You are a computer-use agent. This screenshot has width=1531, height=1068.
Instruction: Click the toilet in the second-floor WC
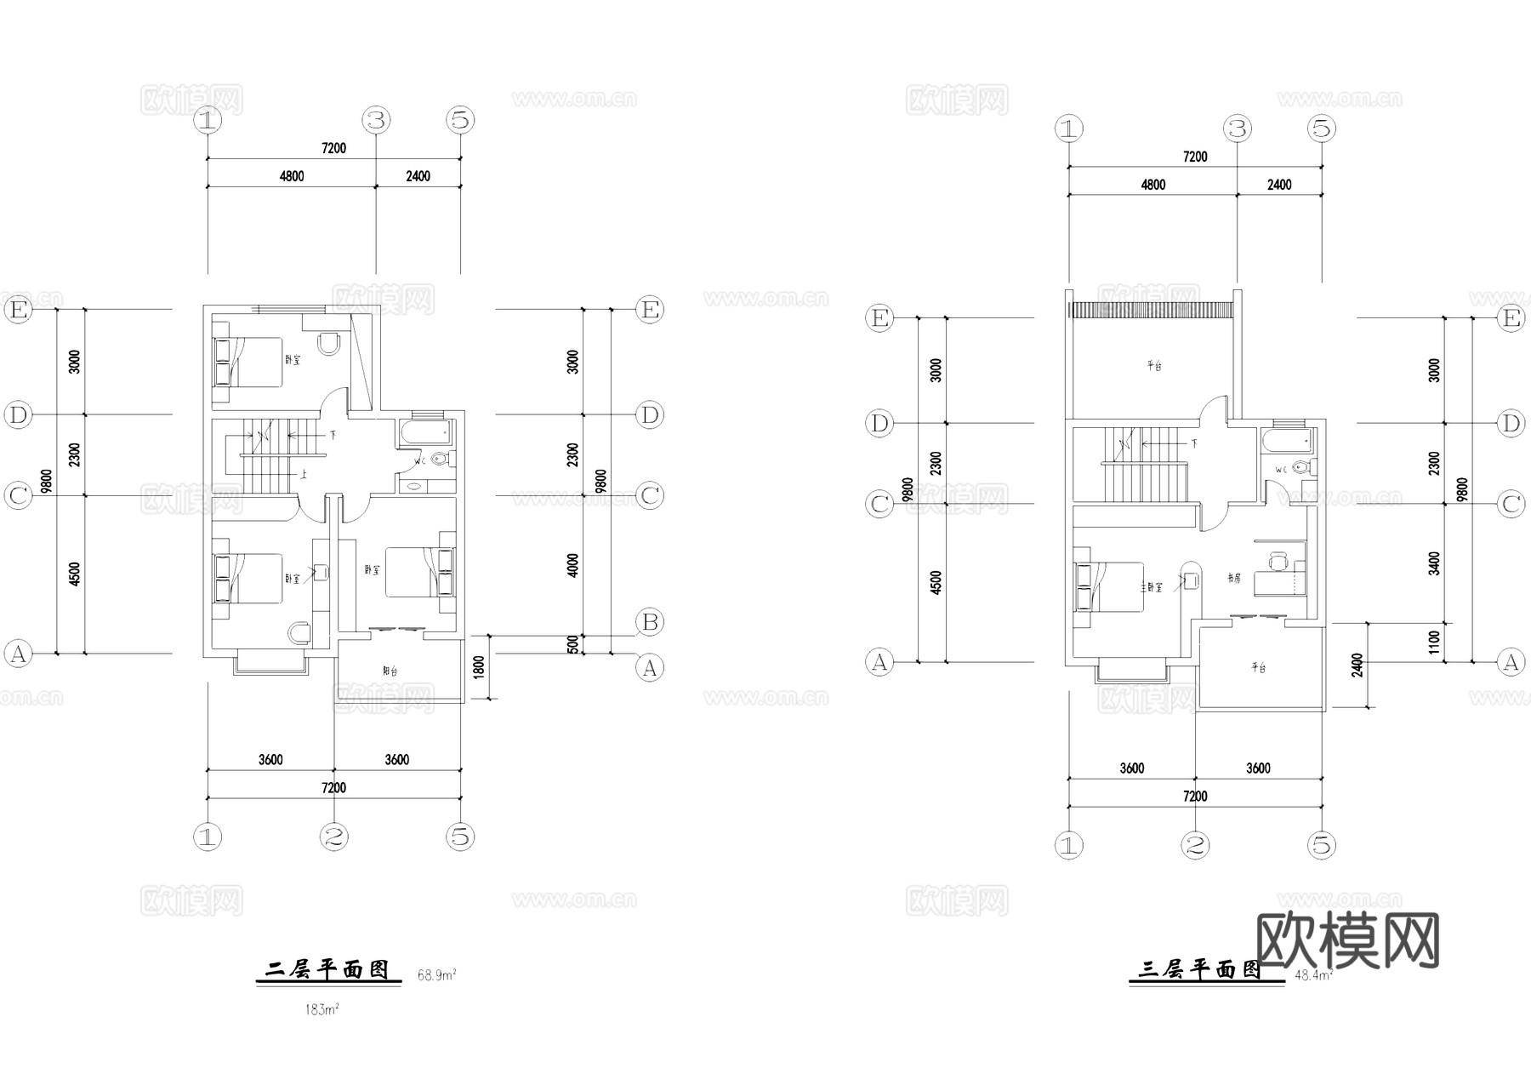440,460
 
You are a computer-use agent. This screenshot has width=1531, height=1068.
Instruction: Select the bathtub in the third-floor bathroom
1286,441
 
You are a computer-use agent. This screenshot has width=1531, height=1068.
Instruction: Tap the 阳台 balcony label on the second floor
390,671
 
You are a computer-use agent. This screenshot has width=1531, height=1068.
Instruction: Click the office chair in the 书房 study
1277,562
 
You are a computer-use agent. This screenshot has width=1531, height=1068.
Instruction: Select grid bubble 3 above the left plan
376,120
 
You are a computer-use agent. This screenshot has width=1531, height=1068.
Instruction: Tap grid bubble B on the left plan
650,622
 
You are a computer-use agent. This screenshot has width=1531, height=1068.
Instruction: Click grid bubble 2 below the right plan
1195,845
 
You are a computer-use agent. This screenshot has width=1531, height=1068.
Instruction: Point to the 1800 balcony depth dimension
478,667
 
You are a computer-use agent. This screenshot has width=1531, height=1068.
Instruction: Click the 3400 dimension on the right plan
1435,563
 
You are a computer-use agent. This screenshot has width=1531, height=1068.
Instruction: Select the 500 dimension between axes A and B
573,644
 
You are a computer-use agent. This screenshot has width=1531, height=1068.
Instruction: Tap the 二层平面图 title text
327,969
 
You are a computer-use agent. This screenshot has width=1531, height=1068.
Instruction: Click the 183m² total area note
322,1010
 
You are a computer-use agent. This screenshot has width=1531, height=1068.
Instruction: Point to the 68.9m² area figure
436,974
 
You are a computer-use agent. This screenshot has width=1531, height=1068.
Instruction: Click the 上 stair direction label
303,474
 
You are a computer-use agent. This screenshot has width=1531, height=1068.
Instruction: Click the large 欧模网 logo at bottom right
1347,940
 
